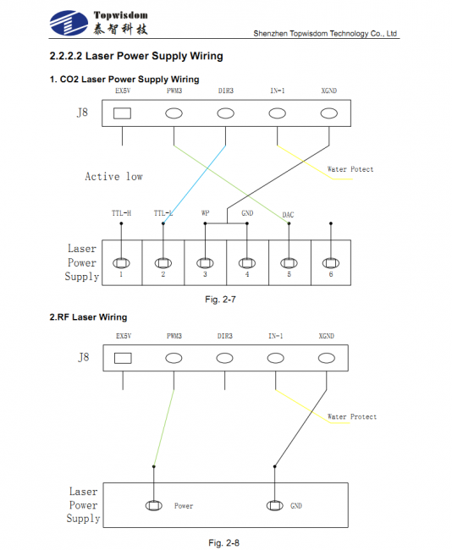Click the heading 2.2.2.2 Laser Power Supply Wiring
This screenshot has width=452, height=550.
[x=136, y=57]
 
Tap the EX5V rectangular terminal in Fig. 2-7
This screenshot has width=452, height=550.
[x=122, y=113]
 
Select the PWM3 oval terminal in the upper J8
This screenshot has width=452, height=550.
[x=174, y=113]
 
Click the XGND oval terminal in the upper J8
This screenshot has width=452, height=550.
[x=328, y=113]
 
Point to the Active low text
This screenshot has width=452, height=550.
[x=113, y=177]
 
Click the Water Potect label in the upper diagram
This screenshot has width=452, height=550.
[x=350, y=169]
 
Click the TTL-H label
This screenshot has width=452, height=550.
[x=121, y=213]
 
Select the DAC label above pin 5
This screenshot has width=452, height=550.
[x=288, y=215]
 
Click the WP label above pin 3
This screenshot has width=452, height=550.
[x=206, y=213]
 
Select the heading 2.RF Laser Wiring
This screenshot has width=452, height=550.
[x=88, y=317]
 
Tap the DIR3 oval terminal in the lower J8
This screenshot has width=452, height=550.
[x=225, y=358]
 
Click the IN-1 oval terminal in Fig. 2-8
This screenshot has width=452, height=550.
[x=277, y=358]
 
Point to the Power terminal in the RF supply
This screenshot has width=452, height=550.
[x=154, y=506]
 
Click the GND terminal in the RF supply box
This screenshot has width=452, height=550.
[x=274, y=506]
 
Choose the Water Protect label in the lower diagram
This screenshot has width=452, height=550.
[x=351, y=417]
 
